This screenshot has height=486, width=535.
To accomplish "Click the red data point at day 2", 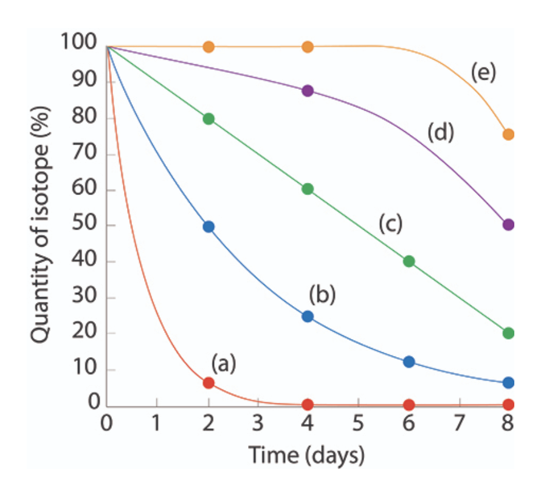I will point(209,383).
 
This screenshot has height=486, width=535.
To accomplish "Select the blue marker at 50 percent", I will point(209,227).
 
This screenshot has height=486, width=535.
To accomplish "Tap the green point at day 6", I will point(409,261).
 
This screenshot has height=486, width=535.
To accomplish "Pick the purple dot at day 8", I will point(509,224).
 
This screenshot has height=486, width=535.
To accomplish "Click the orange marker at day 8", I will point(509,134).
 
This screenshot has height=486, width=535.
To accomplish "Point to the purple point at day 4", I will point(308,91).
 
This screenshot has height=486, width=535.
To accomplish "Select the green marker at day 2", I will point(209,118).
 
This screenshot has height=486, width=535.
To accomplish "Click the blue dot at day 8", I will point(509,383).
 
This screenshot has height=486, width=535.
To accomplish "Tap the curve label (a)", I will point(223,363).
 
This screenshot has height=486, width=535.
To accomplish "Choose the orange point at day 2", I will point(209,47).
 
